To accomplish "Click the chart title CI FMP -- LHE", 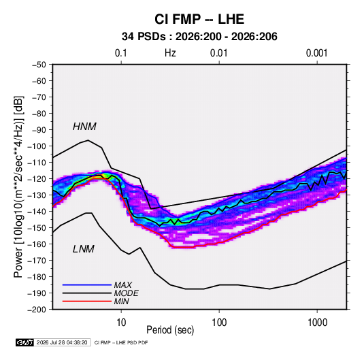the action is click(199, 19).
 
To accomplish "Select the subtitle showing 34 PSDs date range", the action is click(199, 37).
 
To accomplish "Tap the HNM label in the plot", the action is click(84, 127).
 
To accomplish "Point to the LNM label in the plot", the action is click(84, 249).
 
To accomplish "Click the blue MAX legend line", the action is click(87, 284).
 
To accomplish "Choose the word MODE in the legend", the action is click(127, 293).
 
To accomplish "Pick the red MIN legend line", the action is click(87, 301).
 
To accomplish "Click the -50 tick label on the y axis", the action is click(39, 65).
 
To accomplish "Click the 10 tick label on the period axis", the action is click(121, 323).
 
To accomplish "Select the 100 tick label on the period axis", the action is click(219, 323).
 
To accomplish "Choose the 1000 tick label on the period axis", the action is click(317, 323).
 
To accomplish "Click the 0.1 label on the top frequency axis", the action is click(121, 53).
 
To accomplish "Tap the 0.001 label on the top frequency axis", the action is click(317, 53).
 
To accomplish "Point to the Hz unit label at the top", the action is click(170, 53).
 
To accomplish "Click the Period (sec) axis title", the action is click(170, 330).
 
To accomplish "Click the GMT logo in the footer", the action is click(25, 342).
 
